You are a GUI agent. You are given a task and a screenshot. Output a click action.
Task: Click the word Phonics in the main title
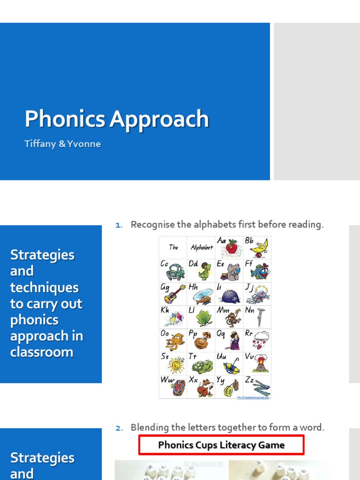[65, 119]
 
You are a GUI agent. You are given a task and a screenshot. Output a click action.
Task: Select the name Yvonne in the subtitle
[85, 144]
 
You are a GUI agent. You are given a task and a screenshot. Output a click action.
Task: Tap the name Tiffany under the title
[40, 144]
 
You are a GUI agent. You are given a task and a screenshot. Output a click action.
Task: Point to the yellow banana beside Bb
[259, 247]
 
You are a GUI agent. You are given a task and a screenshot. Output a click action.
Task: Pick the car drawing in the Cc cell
[175, 272]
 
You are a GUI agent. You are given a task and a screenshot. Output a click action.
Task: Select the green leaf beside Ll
[204, 319]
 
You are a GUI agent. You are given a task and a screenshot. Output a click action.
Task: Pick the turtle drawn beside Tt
[203, 366]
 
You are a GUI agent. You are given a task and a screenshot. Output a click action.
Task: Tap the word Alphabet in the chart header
[202, 247]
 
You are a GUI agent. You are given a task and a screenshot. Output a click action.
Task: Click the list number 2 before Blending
[119, 427]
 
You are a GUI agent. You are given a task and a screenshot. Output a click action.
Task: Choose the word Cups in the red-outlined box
[207, 445]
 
